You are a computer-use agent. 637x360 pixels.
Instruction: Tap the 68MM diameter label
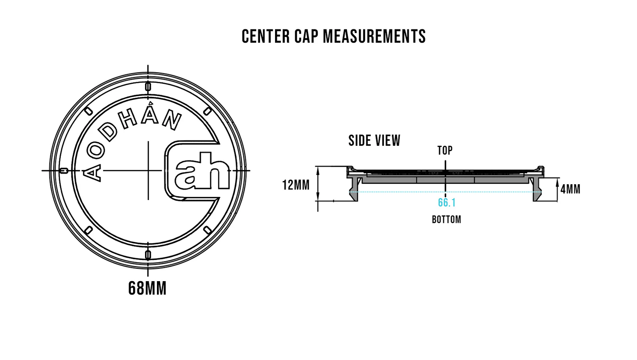click(147, 289)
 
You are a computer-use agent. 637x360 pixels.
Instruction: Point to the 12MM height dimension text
click(296, 185)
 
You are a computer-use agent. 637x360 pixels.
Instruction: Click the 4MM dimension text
click(570, 189)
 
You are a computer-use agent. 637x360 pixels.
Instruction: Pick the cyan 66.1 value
click(447, 203)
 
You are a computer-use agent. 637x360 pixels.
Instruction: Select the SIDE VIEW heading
click(374, 141)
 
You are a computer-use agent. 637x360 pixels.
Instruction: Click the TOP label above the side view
click(445, 151)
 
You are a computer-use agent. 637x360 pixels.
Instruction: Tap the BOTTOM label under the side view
click(446, 219)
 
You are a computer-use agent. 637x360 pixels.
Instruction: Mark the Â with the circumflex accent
click(150, 115)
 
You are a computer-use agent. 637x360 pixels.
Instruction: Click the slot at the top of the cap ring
click(148, 87)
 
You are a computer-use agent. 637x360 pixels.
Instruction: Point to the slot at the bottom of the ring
click(148, 255)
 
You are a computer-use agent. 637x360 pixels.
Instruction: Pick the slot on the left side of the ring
click(64, 171)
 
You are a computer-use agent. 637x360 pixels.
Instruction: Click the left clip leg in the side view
click(354, 190)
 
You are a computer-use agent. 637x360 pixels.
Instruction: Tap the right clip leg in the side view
click(537, 190)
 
